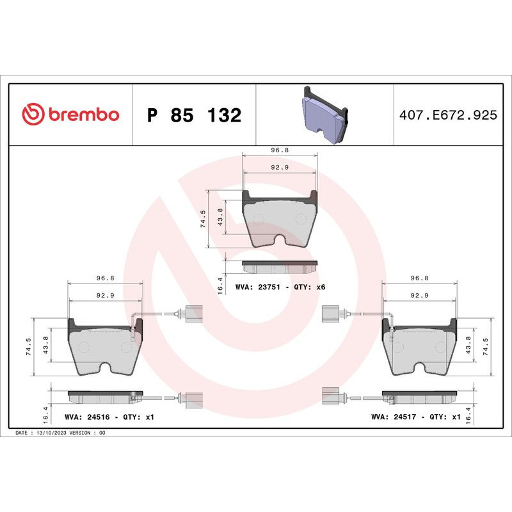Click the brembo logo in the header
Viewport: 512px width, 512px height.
(x=70, y=115)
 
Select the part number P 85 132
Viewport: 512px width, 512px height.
(x=194, y=115)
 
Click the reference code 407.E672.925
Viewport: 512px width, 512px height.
(x=447, y=115)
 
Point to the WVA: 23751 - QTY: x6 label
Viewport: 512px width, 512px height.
(x=280, y=287)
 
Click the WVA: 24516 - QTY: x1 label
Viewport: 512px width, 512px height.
(x=109, y=417)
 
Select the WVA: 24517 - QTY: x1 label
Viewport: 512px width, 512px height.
(x=415, y=417)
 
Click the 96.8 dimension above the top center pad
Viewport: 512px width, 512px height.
(x=280, y=150)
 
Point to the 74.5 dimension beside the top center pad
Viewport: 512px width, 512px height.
(x=203, y=219)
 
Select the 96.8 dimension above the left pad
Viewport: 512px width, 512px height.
(x=105, y=278)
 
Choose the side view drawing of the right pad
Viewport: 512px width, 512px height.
(x=419, y=395)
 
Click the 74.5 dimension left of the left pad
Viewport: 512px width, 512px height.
(x=28, y=347)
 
